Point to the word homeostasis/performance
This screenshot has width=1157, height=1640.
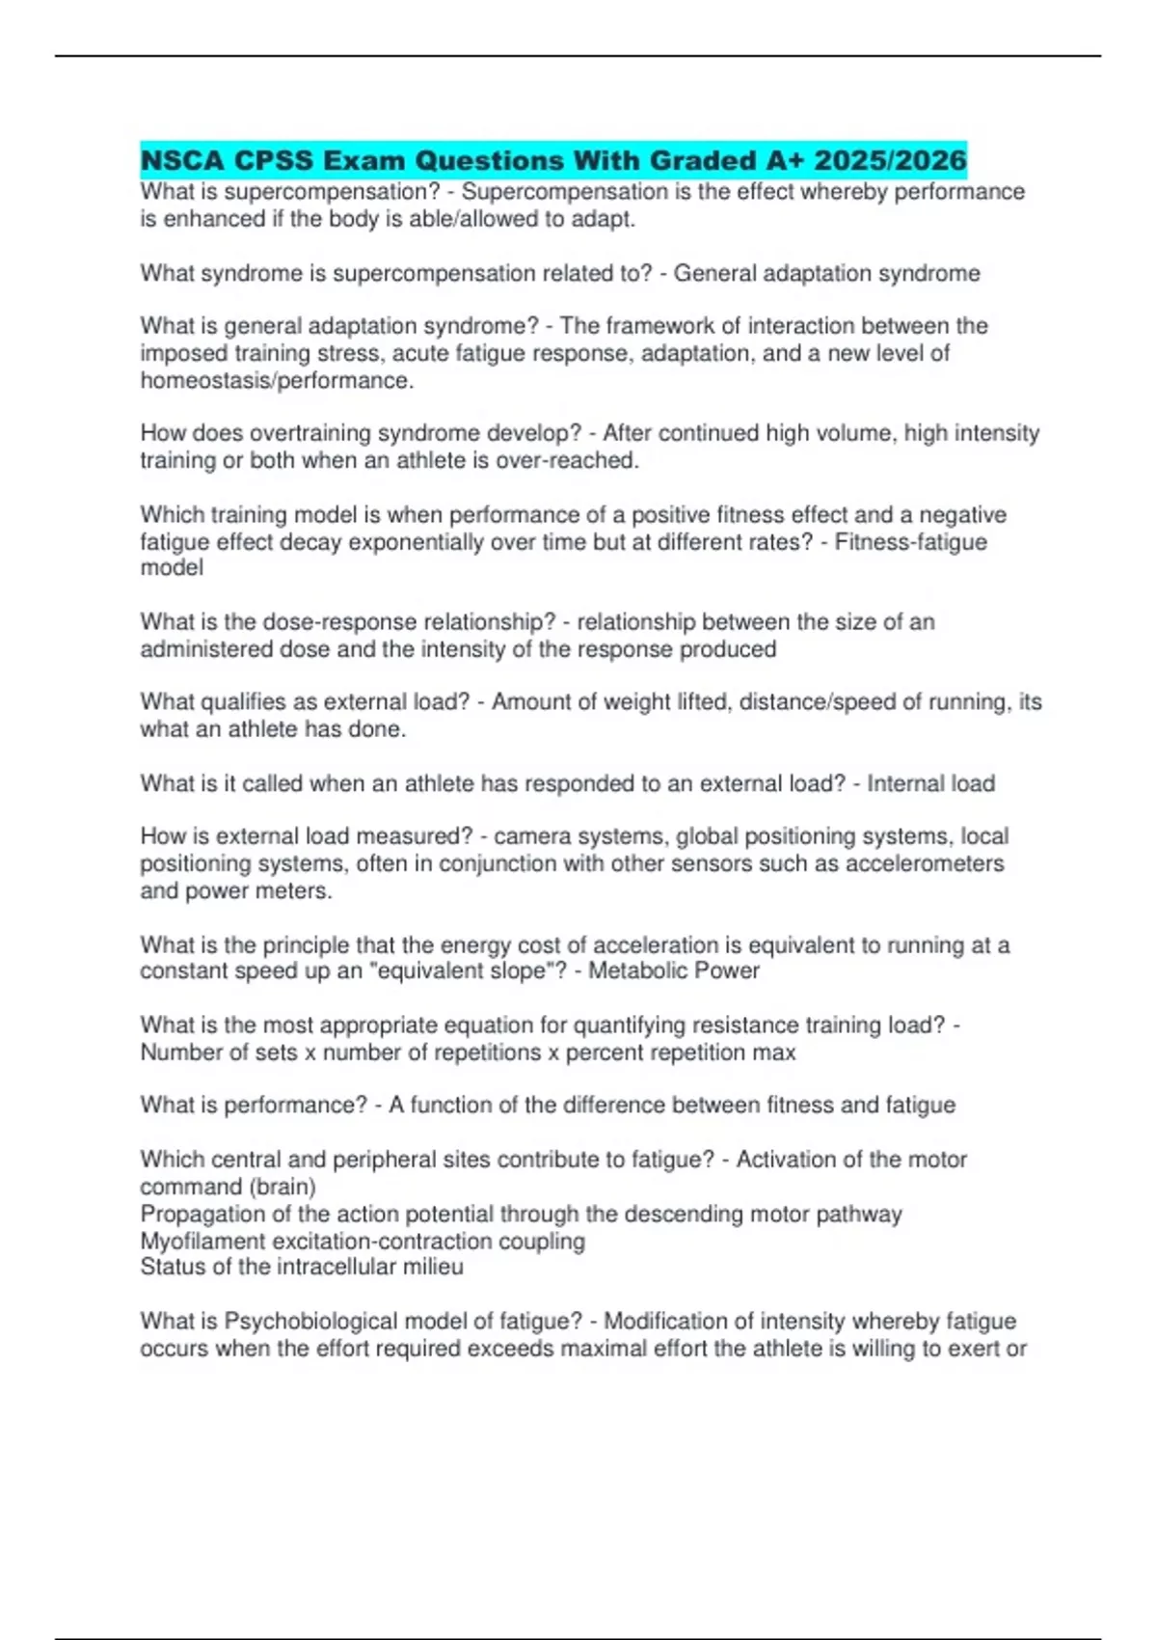tap(277, 380)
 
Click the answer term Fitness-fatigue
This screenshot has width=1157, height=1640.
tap(911, 541)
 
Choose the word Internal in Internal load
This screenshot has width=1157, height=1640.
tap(896, 782)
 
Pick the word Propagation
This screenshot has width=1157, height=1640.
tap(202, 1213)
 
